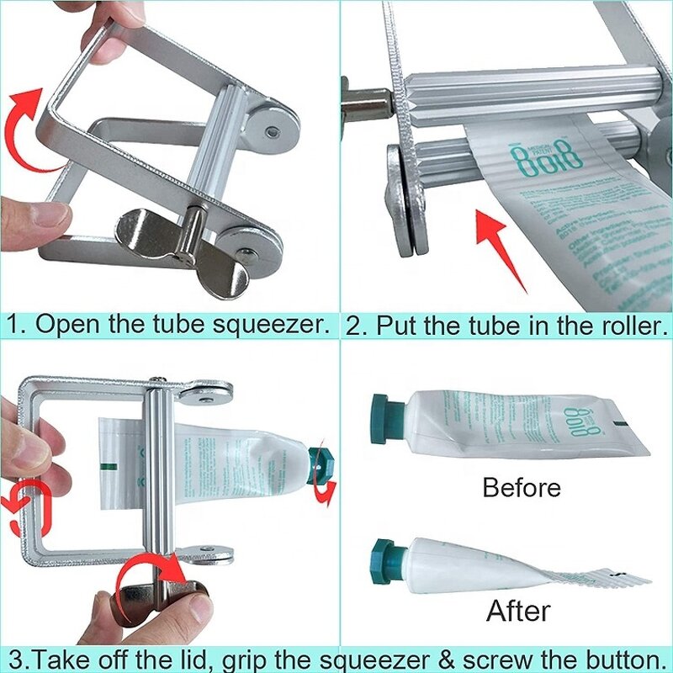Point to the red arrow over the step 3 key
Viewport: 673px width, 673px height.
(151, 575)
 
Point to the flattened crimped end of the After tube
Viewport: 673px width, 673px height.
(606, 575)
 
